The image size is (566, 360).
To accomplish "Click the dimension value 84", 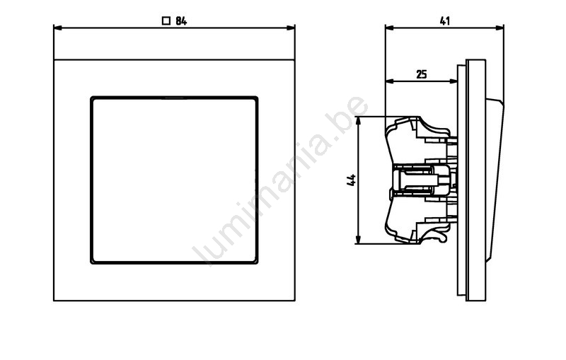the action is click(x=181, y=21).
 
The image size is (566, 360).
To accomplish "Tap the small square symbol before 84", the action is click(x=166, y=21).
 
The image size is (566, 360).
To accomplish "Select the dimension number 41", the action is click(x=445, y=21).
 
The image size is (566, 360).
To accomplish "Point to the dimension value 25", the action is click(x=422, y=74).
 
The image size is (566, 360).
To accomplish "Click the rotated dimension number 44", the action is click(x=351, y=180).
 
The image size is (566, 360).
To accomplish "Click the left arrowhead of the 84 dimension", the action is click(x=58, y=28).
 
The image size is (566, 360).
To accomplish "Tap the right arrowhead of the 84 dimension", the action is click(x=291, y=28).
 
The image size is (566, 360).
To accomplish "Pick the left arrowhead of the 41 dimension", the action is click(x=390, y=28).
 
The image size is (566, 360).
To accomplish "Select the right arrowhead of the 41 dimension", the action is click(x=499, y=28).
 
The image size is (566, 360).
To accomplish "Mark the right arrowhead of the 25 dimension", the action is click(x=453, y=81).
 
